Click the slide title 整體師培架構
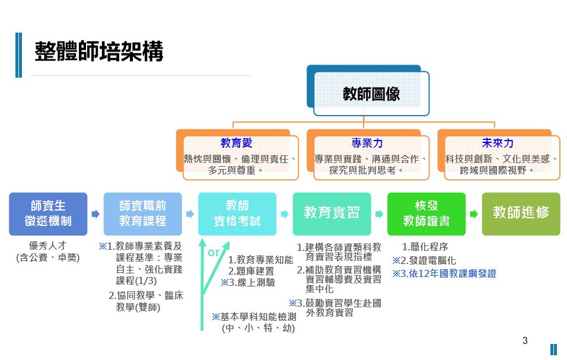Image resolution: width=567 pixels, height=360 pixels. pos(98,52)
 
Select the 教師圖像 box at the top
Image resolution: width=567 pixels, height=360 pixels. pos(371,94)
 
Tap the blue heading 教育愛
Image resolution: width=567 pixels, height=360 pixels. pos(237,144)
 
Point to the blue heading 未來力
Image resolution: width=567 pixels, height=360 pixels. pos(498,144)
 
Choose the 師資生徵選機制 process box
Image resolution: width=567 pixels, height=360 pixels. pos(48,214)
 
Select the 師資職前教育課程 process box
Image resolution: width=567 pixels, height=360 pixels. pos(142,214)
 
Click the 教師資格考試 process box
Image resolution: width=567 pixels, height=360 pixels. pos(237,214)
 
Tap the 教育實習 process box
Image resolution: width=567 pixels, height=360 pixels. pos(332,213)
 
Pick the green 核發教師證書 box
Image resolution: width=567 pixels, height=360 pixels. pos(426,214)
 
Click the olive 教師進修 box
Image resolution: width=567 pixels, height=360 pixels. pos(521,213)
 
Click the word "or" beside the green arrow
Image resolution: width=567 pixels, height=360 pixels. pos(214,253)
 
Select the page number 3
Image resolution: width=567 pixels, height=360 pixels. pos(525,340)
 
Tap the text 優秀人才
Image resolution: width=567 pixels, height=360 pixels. pos(48,246)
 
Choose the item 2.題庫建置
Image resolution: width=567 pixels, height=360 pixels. pos(251,271)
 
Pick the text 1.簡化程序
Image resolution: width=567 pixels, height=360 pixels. pos(425,247)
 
